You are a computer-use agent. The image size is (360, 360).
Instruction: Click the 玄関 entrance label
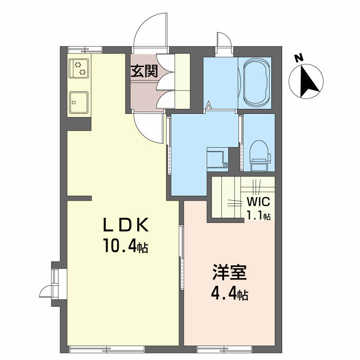point(144,71)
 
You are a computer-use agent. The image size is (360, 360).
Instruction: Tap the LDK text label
point(126,225)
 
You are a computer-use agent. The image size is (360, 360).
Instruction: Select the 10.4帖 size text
point(126,246)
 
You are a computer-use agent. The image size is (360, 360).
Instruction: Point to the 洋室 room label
point(229,273)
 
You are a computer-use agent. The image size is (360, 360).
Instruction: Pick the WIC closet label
point(258,202)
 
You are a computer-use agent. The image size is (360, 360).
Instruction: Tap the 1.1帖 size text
point(258,216)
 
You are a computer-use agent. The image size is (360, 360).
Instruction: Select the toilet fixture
point(260,156)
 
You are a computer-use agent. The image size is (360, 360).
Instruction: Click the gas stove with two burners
point(79,68)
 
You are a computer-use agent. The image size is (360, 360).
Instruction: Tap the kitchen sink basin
point(79,103)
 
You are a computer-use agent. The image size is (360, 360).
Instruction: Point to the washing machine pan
point(217,159)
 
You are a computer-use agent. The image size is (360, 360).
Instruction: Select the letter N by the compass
point(298,58)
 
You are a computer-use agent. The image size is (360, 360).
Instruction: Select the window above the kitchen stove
point(85,49)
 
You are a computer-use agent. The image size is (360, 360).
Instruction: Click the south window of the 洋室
point(224,350)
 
